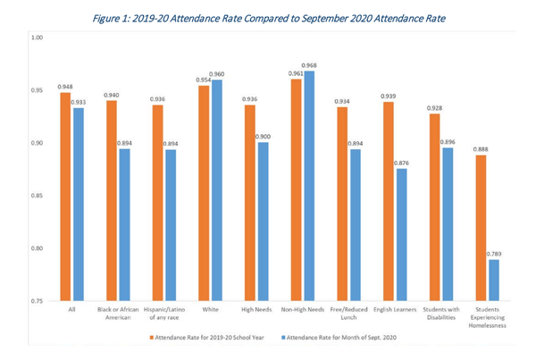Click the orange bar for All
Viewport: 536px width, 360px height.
tap(65, 197)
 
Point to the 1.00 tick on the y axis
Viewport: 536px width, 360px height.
tap(37, 38)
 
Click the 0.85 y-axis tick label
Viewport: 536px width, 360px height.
tap(37, 196)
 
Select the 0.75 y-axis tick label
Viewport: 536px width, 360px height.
tap(37, 301)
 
